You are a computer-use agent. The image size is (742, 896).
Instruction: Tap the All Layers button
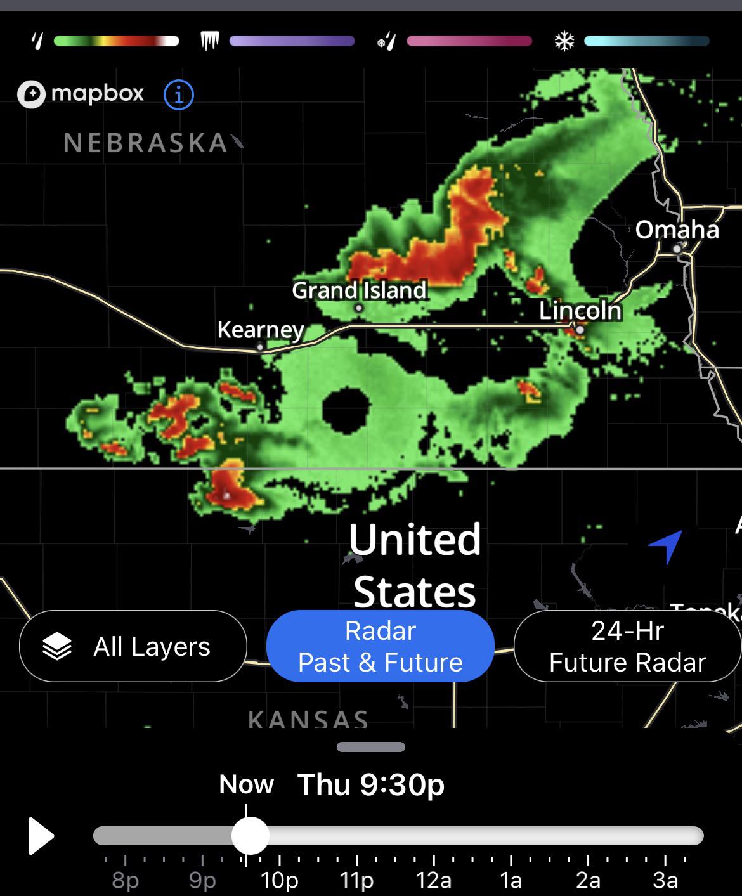133,646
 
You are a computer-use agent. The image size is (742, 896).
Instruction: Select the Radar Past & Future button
380,646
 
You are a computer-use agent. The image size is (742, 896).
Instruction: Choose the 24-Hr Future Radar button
627,646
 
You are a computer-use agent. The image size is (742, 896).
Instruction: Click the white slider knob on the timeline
250,836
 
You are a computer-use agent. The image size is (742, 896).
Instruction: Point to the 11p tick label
356,880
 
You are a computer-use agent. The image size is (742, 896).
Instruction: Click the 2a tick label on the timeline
588,880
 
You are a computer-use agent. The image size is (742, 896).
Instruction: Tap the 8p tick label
125,880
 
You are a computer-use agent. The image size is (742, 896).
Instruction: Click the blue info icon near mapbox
178,95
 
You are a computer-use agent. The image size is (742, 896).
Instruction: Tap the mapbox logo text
97,94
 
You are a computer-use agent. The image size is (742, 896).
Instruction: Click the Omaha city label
677,230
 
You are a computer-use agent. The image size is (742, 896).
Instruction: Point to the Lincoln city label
580,311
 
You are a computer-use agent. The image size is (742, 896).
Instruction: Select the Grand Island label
359,290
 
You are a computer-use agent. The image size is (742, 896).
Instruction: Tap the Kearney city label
260,330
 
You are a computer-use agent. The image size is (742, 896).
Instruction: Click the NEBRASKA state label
145,143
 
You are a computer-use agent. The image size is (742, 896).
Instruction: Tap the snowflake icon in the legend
564,42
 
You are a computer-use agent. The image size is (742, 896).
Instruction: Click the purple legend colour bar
292,42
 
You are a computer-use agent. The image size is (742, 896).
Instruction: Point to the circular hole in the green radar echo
346,409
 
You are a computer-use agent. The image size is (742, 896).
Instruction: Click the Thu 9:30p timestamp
371,784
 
